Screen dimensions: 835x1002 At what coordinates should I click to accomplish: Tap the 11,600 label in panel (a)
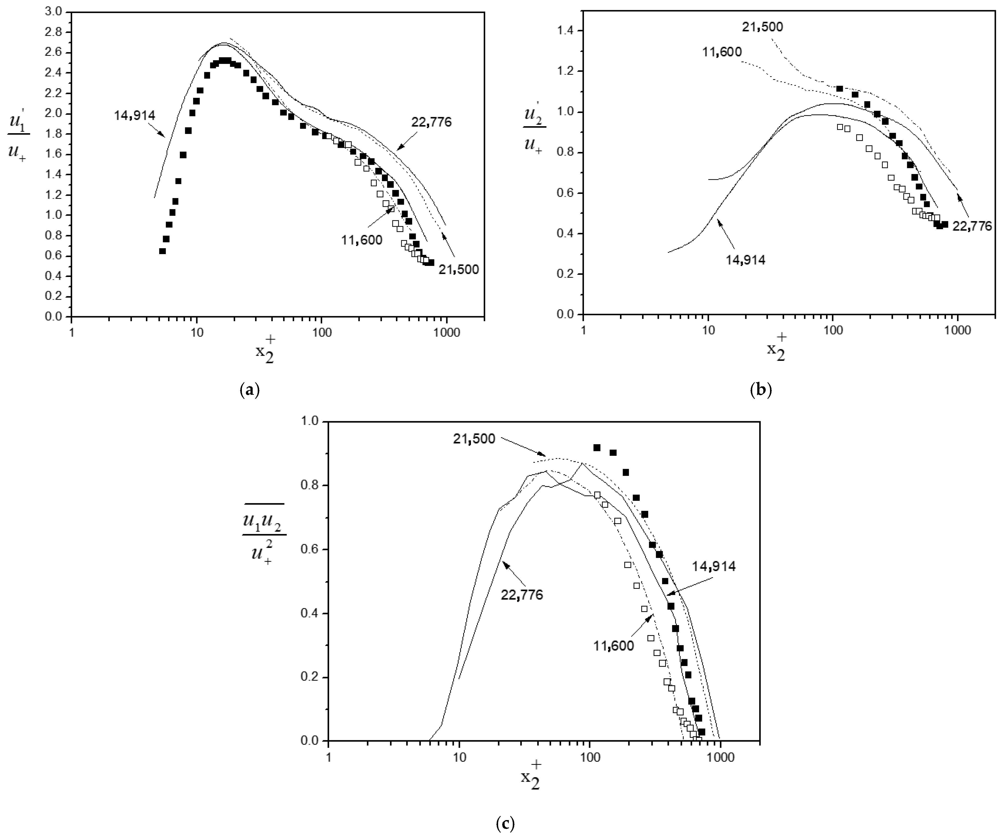coord(362,240)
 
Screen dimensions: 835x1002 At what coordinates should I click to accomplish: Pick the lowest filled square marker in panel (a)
coord(162,251)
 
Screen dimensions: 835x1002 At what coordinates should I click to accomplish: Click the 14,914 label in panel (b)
coord(745,260)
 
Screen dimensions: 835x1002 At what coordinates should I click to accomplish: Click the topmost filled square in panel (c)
coord(596,448)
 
